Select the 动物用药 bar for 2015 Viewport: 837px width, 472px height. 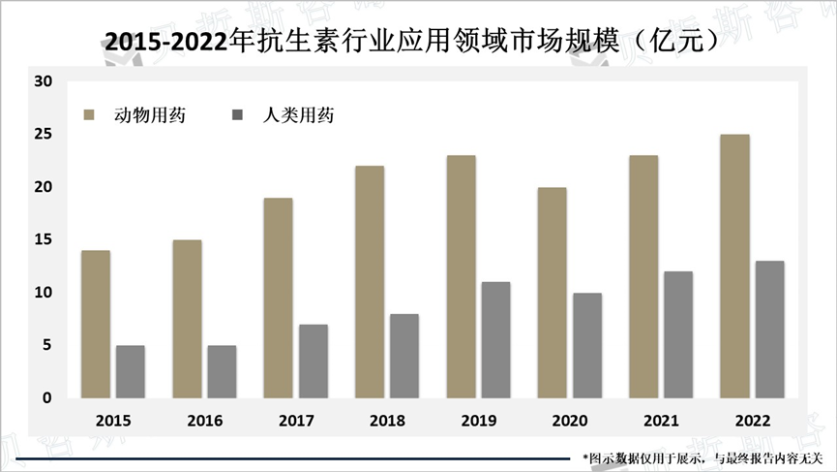tap(96, 324)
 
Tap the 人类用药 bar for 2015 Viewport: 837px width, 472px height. tap(131, 371)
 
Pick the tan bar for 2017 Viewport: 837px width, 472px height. tap(279, 298)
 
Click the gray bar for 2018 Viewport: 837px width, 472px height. tap(404, 356)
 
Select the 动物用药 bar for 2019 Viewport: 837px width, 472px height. tap(461, 276)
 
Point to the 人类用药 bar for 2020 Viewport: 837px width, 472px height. tap(587, 345)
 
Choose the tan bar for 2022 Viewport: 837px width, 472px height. tap(734, 266)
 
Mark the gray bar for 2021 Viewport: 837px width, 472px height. tap(678, 334)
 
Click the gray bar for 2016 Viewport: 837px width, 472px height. tap(222, 371)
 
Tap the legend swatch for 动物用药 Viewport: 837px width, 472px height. tap(90, 115)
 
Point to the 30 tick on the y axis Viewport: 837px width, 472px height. tap(43, 80)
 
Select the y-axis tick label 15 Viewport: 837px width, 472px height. tap(43, 239)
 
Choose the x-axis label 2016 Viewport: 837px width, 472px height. tap(205, 422)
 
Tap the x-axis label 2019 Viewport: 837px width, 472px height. tap(479, 422)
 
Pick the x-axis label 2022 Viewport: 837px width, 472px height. tap(753, 422)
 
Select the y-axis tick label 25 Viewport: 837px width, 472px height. tap(43, 134)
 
